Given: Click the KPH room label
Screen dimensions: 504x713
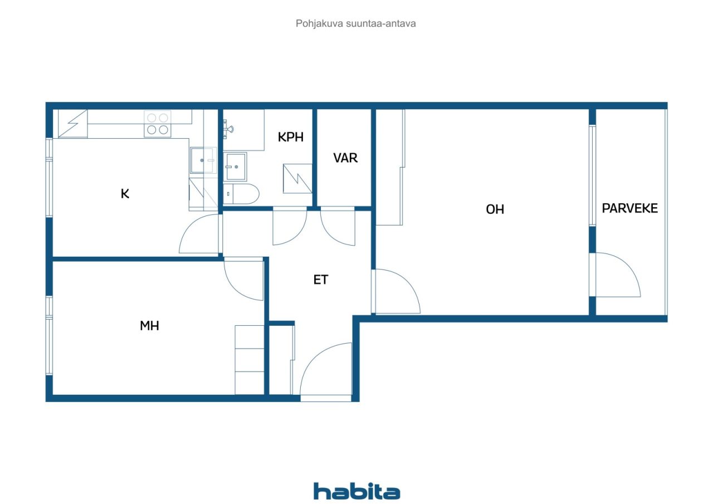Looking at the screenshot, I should click(x=291, y=137).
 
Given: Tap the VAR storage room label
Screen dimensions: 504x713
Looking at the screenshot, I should click(x=345, y=158).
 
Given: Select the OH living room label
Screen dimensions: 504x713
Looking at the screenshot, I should click(x=495, y=209).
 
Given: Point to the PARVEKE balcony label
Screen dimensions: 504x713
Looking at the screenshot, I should click(x=629, y=208).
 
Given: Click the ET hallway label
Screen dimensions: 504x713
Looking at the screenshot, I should click(x=320, y=280).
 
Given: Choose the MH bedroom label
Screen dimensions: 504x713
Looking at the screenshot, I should click(x=149, y=326).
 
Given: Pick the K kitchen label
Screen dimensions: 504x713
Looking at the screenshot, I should click(x=125, y=194).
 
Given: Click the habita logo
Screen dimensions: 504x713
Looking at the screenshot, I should click(x=356, y=491).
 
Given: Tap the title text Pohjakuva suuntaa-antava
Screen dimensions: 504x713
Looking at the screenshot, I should click(x=356, y=24).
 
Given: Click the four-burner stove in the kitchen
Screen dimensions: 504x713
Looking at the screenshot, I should click(x=157, y=124).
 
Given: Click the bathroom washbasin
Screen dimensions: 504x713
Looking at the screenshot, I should click(x=236, y=166).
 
